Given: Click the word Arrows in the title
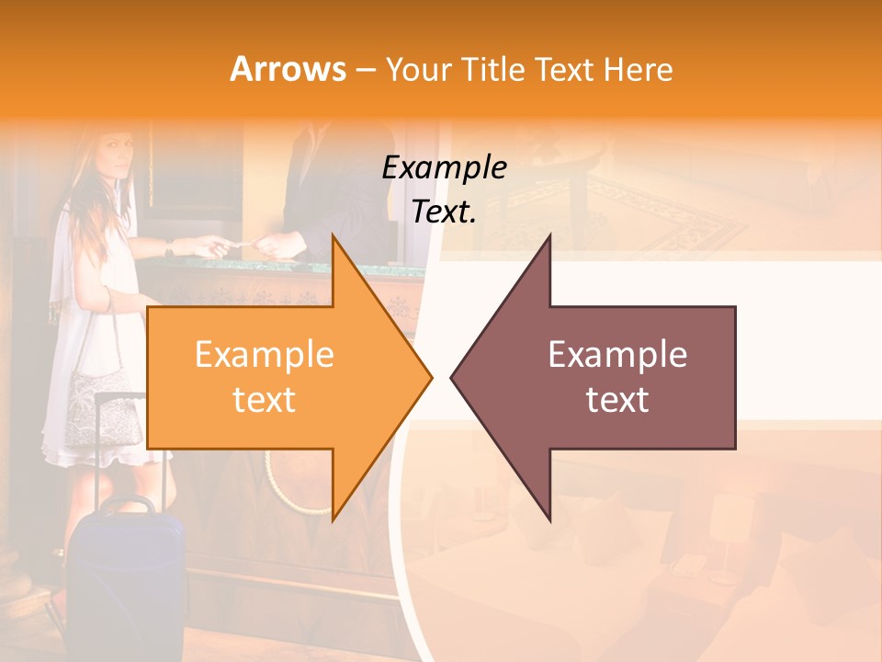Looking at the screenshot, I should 288,69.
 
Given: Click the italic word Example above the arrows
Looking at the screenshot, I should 444,167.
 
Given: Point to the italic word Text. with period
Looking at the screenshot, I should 444,212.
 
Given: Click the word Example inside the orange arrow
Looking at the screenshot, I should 264,355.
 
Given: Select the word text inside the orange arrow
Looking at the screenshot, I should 264,400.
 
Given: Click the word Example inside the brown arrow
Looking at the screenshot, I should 617,355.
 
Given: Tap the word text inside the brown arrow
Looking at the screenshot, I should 617,400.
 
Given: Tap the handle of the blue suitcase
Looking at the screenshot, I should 126,505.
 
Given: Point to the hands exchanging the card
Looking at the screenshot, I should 239,245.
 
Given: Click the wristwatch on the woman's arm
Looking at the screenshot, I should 169,247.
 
